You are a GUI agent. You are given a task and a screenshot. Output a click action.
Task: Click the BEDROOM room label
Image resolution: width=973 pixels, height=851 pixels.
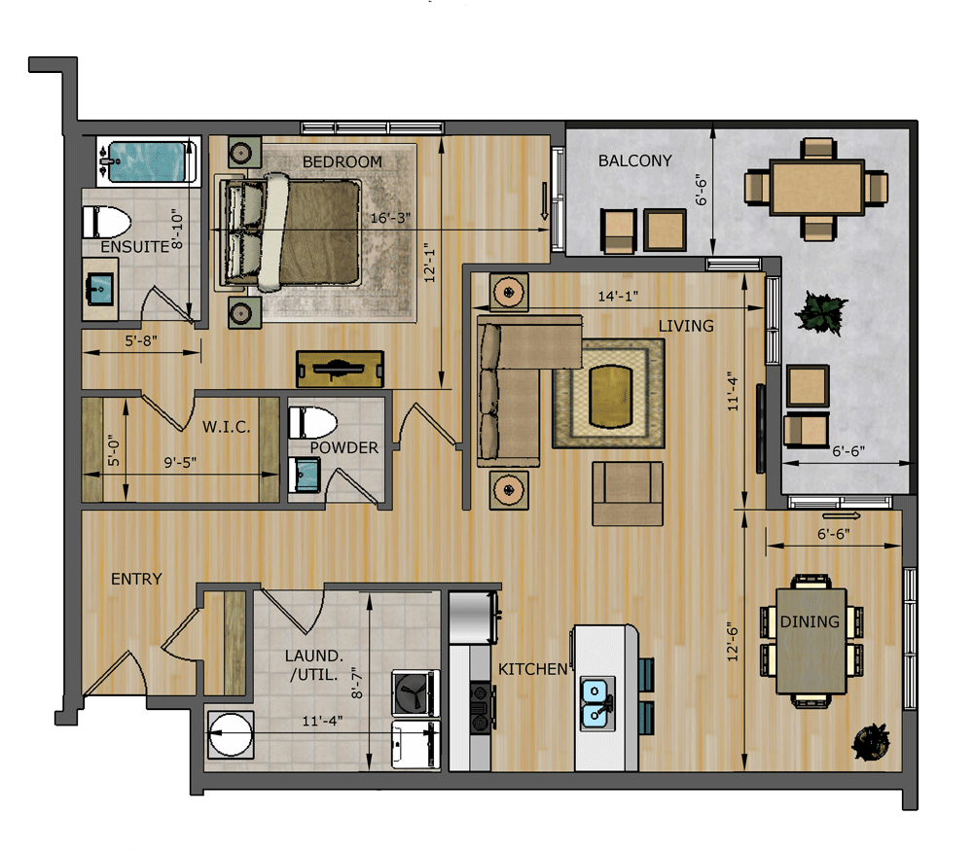pos(342,161)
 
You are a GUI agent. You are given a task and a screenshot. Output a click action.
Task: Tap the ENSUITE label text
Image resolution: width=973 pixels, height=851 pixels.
pos(135,247)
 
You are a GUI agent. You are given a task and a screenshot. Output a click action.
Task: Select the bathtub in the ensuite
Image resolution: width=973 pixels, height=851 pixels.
pos(146,161)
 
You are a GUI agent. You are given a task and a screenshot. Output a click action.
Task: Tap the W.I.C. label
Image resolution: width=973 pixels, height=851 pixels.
pos(227,427)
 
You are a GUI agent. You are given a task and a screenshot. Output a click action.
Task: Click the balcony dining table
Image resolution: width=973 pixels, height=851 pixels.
pos(816,188)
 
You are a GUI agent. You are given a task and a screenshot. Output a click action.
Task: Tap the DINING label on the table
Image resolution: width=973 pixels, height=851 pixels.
pos(809,622)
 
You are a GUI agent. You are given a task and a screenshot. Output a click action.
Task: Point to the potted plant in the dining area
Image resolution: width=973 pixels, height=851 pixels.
pos(871,742)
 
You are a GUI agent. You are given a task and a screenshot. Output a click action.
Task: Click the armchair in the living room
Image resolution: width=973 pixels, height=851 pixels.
pos(627,493)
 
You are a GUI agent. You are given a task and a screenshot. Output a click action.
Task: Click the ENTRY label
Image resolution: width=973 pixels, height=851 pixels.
pos(136,579)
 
